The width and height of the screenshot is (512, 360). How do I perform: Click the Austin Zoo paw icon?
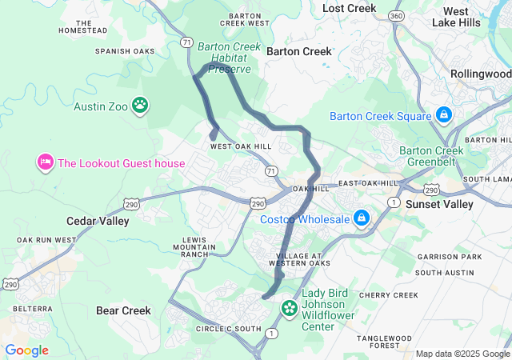pyautogui.click(x=141, y=104)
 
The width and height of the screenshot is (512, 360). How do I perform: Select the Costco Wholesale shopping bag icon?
pyautogui.click(x=362, y=218)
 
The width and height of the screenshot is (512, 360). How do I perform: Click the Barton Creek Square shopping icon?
pyautogui.click(x=443, y=116)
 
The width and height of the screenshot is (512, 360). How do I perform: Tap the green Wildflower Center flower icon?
pyautogui.click(x=290, y=307)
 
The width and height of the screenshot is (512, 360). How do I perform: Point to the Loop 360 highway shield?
pyautogui.click(x=395, y=16)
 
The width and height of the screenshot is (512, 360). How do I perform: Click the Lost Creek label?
pyautogui.click(x=349, y=8)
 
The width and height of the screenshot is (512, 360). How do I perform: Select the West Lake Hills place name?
pyautogui.click(x=462, y=17)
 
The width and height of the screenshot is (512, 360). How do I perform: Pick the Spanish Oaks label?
pyautogui.click(x=124, y=51)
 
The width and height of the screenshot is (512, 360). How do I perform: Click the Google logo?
pyautogui.click(x=26, y=350)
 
